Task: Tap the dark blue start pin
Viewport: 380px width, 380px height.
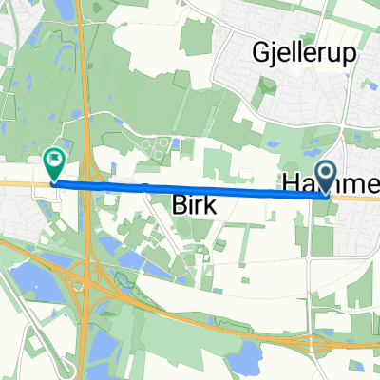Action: tap(326, 174)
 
